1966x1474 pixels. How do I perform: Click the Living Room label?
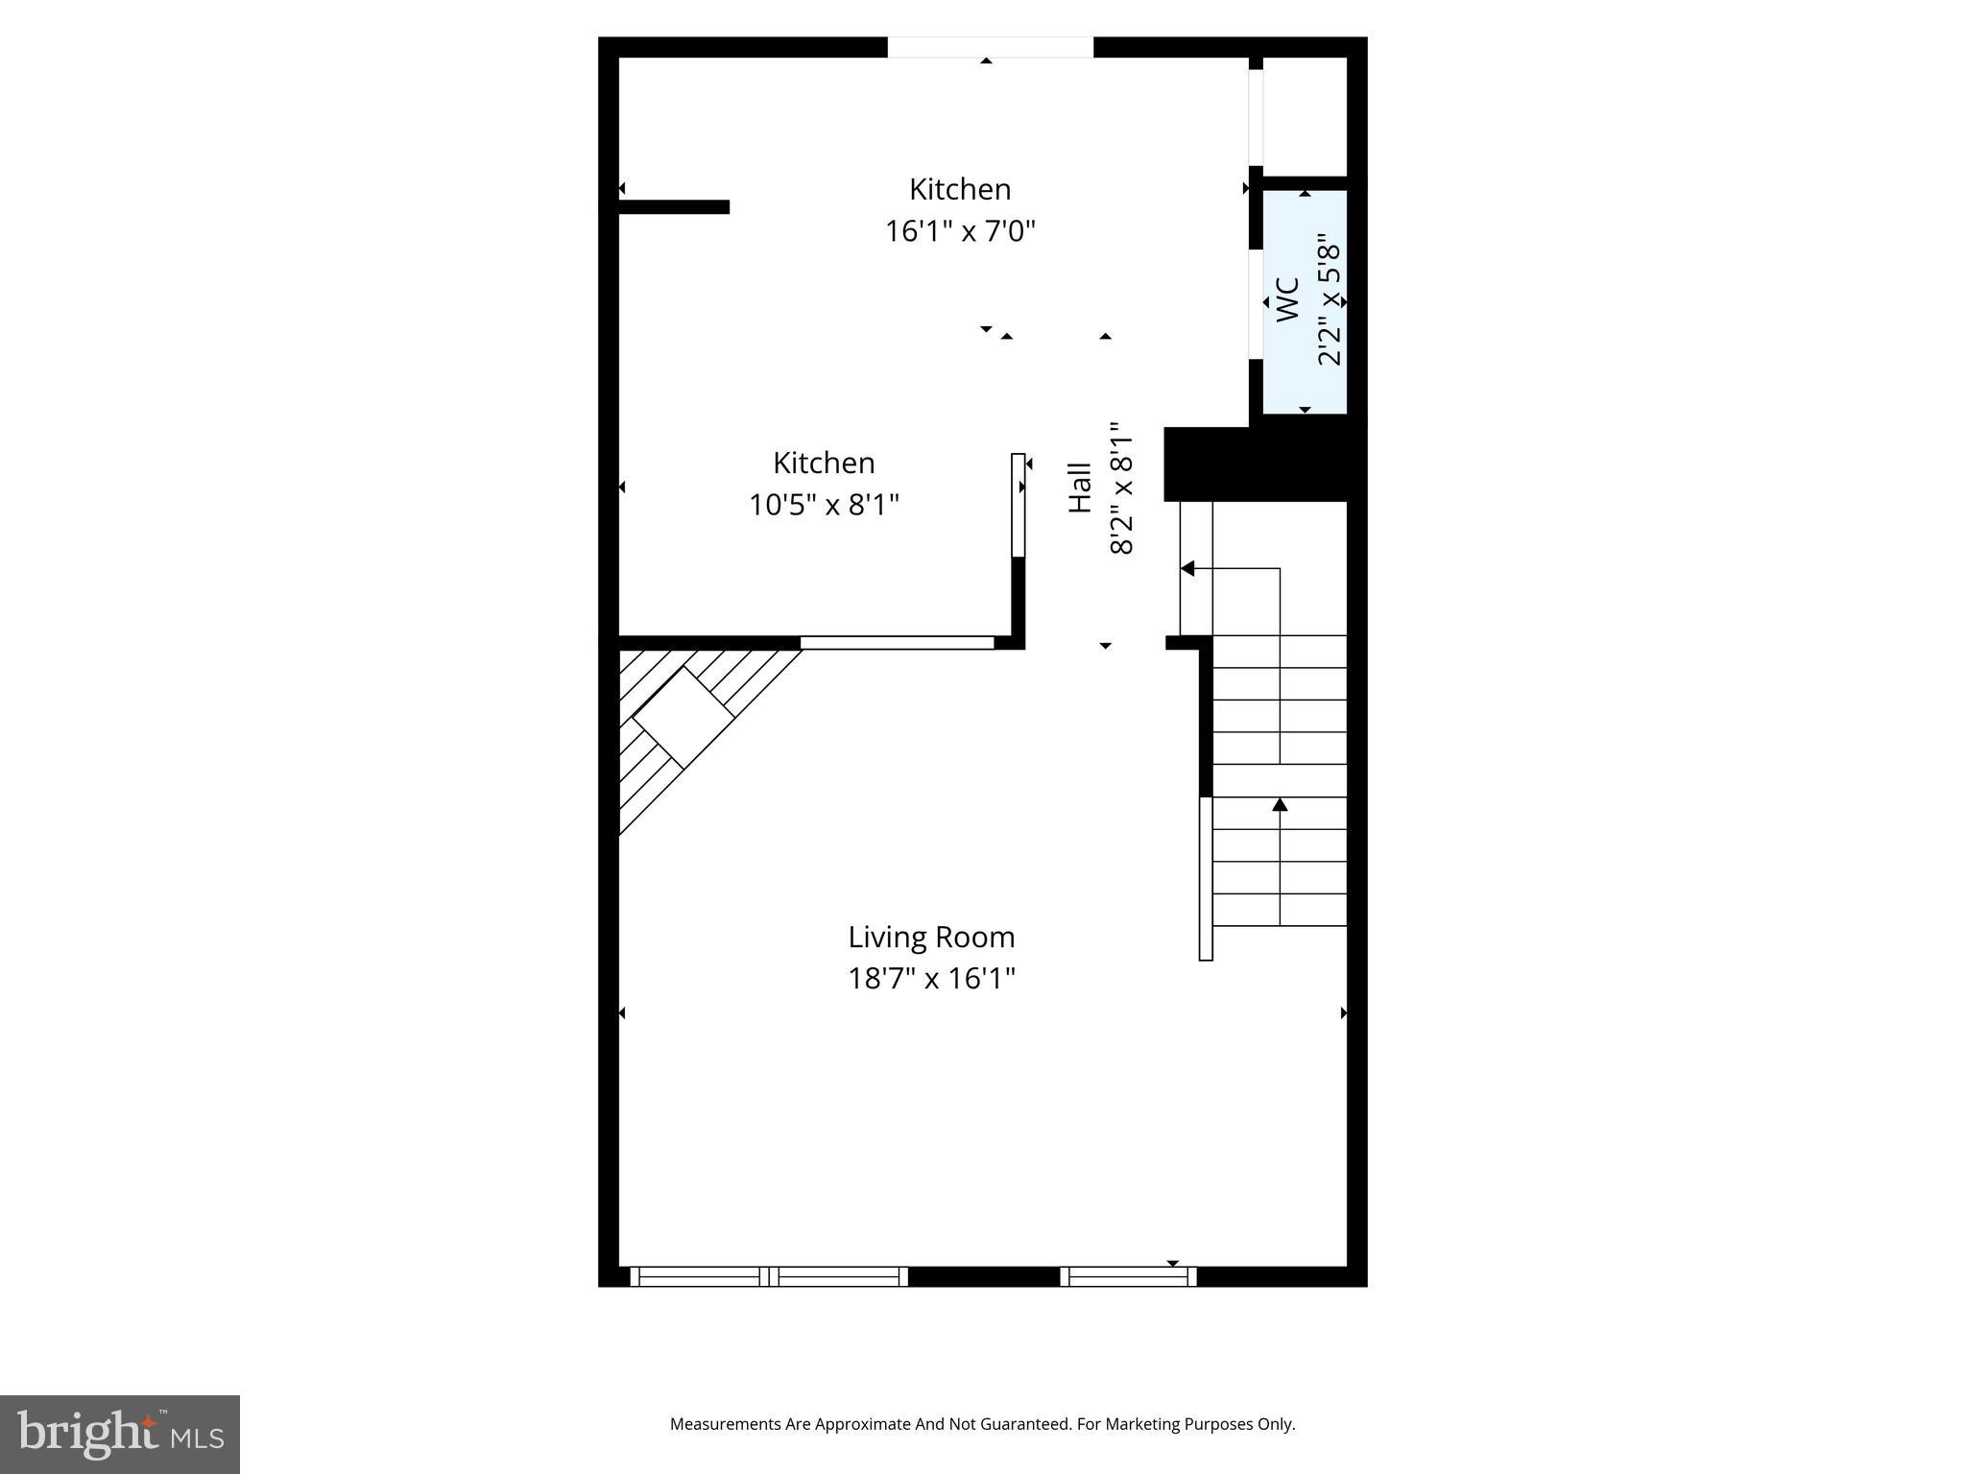(x=931, y=937)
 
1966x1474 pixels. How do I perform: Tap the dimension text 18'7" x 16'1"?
(x=931, y=979)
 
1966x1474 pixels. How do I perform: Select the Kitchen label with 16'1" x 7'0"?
(x=960, y=189)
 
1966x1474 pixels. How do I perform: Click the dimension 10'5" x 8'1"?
(x=824, y=505)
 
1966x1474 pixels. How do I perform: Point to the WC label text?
(x=1287, y=298)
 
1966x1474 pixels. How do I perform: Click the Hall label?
(x=1081, y=487)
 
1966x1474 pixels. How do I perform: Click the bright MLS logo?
(x=120, y=1434)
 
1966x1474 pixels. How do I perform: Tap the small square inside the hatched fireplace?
(x=683, y=717)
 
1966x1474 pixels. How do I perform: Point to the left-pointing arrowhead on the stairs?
(x=1187, y=569)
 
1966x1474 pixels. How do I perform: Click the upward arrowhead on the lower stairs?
(x=1280, y=804)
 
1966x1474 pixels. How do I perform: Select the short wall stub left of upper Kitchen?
(x=674, y=206)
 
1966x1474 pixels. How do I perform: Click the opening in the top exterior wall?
(x=990, y=47)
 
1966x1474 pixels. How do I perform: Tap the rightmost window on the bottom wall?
(x=1128, y=1276)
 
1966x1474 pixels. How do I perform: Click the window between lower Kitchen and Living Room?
(x=897, y=642)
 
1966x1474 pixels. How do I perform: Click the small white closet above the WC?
(x=1305, y=116)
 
